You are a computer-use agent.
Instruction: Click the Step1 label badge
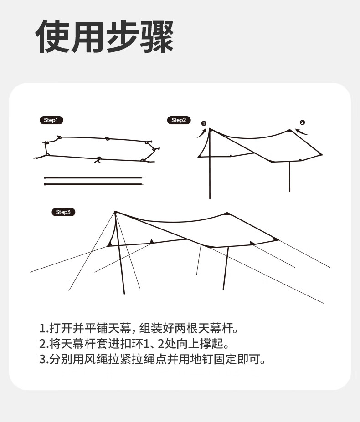pos(51,120)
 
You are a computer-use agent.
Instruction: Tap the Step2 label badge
pos(179,120)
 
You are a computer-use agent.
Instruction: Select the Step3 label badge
pos(63,212)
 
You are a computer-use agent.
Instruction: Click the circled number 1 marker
pos(204,123)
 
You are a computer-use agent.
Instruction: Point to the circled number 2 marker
pos(302,122)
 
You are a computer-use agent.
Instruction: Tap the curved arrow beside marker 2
pos(302,132)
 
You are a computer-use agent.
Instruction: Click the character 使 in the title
pos(52,36)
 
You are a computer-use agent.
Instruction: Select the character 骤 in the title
pos(157,36)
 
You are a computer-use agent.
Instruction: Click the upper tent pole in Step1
pos(93,178)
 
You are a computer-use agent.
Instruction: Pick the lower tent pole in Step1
pos(93,184)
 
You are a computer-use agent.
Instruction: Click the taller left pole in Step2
pos(210,164)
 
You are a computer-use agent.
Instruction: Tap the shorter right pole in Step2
pos(290,177)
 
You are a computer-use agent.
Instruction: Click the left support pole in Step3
pos(119,253)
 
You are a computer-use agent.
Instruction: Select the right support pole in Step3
pos(226,268)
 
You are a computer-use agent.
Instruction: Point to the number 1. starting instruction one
pos(44,328)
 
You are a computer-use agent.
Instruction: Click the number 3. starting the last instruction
pos(44,360)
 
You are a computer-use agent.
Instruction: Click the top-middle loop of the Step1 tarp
pos(107,138)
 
